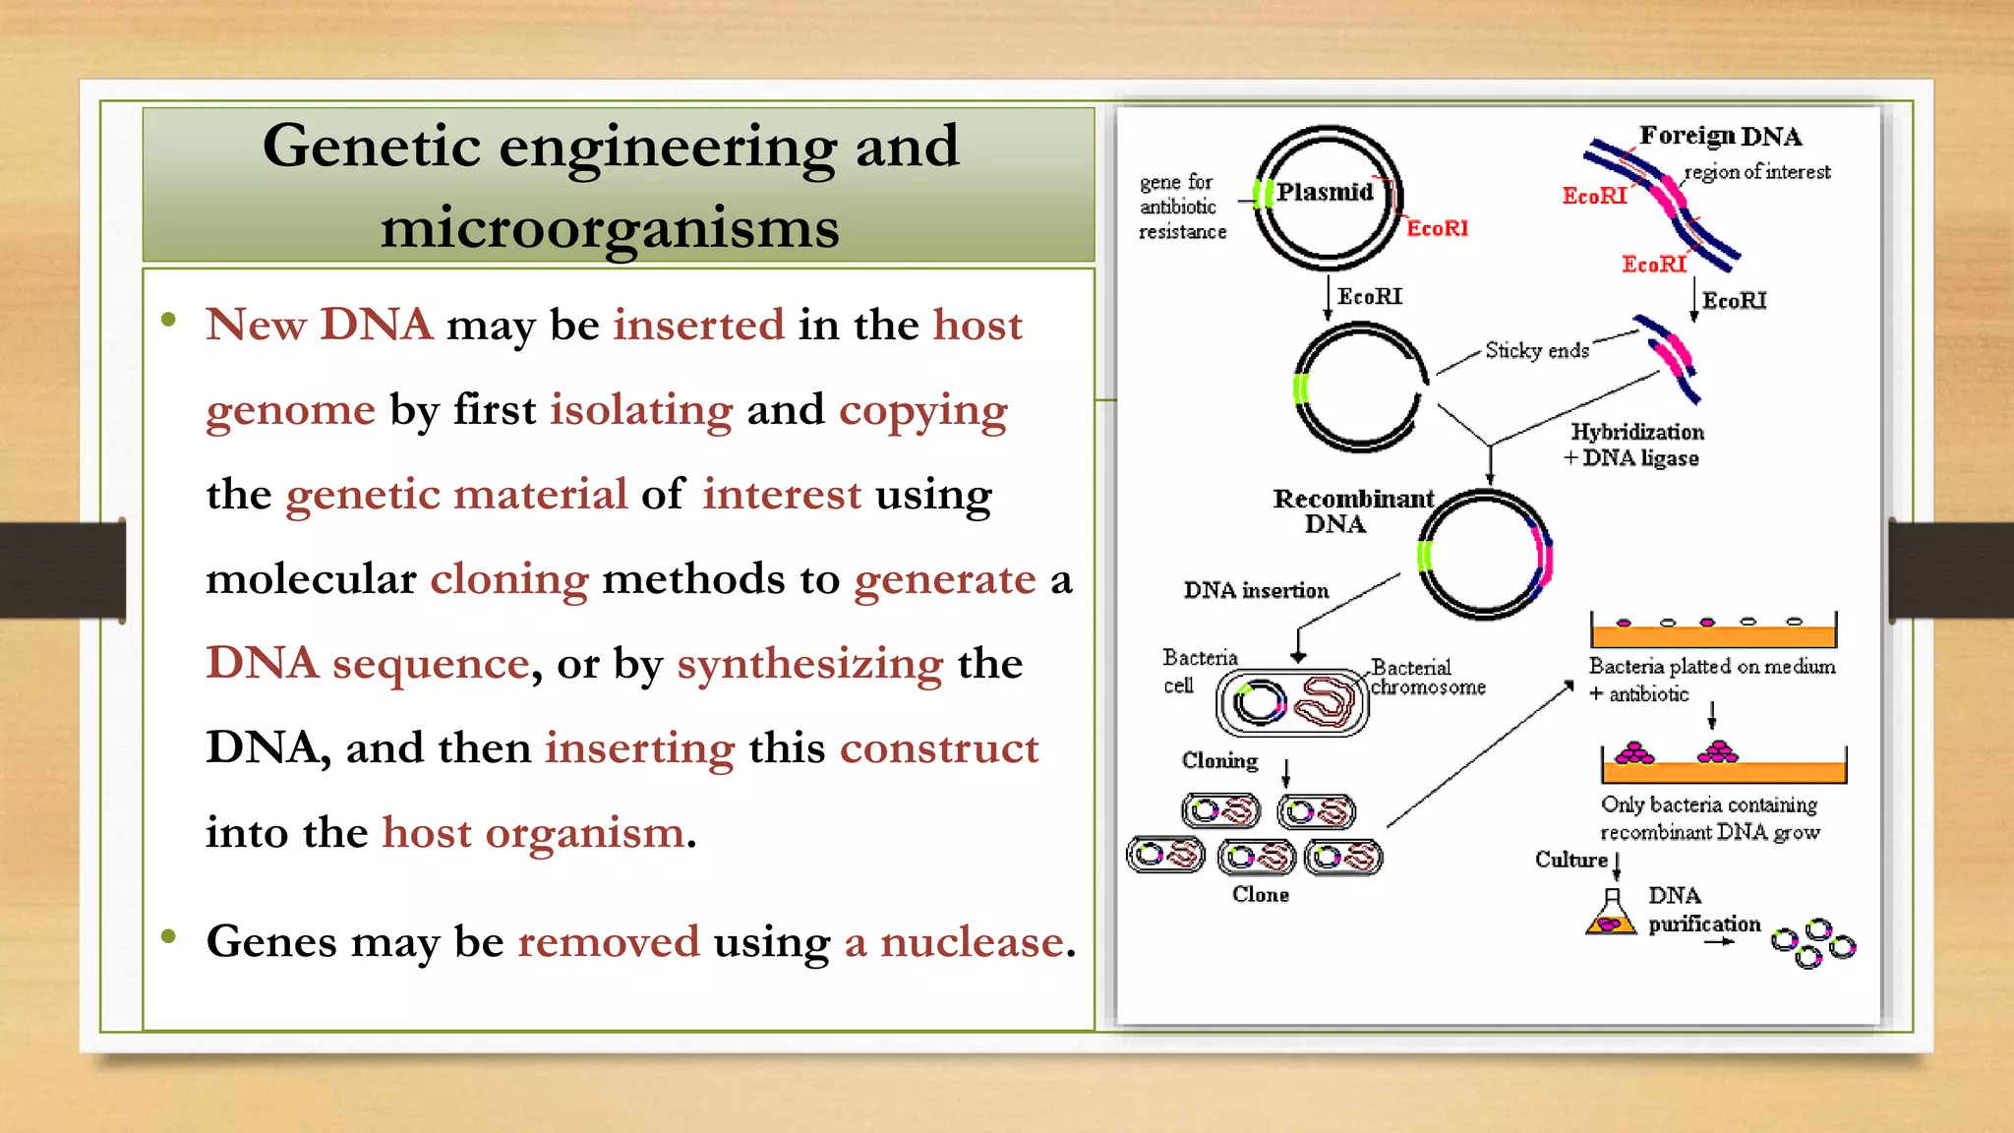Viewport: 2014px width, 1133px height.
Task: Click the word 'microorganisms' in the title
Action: (610, 228)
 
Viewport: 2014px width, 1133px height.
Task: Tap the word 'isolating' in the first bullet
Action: (640, 409)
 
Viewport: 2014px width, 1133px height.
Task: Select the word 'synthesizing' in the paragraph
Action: (809, 664)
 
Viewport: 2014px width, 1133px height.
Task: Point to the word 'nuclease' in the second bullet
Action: (972, 942)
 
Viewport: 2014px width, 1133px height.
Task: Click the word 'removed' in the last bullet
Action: (609, 942)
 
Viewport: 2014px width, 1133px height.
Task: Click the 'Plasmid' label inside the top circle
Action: (1325, 192)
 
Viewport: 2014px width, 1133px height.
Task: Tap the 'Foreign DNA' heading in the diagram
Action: (1720, 136)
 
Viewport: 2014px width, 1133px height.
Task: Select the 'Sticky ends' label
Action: (1536, 350)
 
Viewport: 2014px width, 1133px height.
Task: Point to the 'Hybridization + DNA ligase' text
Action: (1635, 445)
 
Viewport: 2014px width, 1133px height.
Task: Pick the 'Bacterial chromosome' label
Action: (1427, 677)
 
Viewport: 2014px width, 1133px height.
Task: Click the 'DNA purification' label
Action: (1702, 910)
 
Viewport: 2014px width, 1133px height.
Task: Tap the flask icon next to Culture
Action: (1611, 915)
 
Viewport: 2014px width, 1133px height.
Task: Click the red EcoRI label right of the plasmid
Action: (1437, 228)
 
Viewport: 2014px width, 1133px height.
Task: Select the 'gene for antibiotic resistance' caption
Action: (1182, 207)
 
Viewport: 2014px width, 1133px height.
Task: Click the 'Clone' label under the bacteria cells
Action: (1260, 894)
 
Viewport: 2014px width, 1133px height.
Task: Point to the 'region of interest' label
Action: (1757, 172)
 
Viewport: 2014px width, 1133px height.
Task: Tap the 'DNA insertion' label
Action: (1256, 590)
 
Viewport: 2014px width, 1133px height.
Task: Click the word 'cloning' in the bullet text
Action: (509, 579)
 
